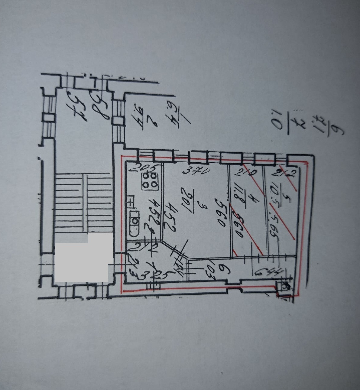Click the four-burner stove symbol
click(150, 180)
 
